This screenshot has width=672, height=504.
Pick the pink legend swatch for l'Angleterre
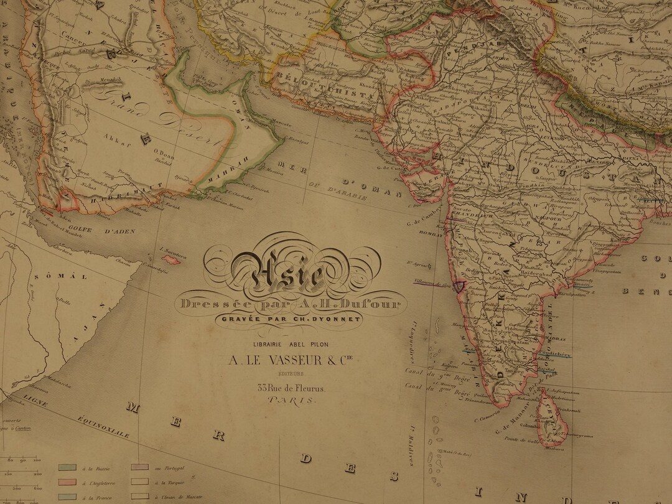pos(67,482)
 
